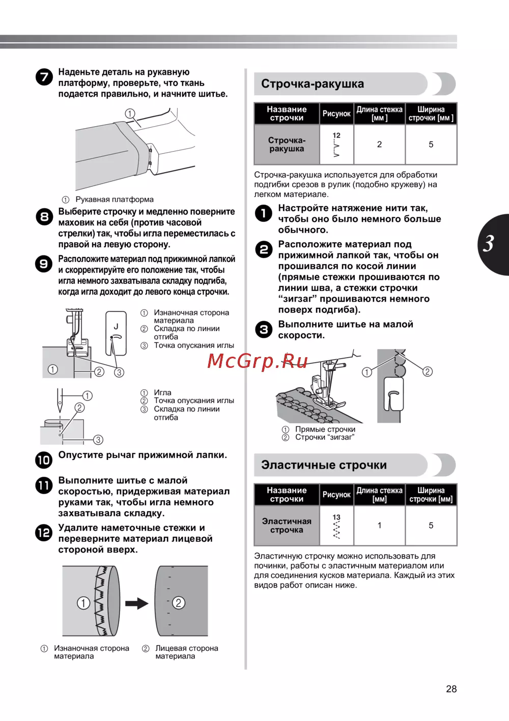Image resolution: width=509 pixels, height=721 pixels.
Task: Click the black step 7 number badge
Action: pyautogui.click(x=44, y=77)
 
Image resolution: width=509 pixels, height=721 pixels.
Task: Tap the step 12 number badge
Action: pyautogui.click(x=44, y=533)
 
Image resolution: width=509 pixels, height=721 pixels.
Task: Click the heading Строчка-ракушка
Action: pyautogui.click(x=313, y=84)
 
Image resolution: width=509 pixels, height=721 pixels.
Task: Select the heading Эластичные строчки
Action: pyautogui.click(x=324, y=465)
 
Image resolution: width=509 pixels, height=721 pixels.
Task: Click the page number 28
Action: pyautogui.click(x=451, y=689)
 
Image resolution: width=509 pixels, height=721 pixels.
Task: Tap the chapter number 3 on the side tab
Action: pyautogui.click(x=489, y=244)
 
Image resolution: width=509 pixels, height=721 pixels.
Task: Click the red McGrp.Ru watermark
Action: pyautogui.click(x=258, y=361)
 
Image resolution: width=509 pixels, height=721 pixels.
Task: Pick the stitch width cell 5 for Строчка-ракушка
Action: pyautogui.click(x=431, y=145)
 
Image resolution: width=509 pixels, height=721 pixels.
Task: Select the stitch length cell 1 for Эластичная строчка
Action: pyautogui.click(x=379, y=526)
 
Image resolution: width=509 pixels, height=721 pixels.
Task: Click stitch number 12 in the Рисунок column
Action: pyautogui.click(x=336, y=135)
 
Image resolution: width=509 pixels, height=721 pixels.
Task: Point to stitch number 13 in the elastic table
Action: pyautogui.click(x=336, y=517)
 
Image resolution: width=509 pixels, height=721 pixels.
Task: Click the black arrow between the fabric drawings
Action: pyautogui.click(x=136, y=603)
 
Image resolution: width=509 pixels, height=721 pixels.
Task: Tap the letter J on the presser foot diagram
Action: pyautogui.click(x=116, y=326)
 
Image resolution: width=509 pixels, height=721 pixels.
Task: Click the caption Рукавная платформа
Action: pyautogui.click(x=115, y=199)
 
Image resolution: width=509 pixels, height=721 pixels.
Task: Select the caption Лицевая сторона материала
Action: pyautogui.click(x=186, y=652)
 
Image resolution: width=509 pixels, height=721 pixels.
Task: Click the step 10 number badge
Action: pyautogui.click(x=44, y=460)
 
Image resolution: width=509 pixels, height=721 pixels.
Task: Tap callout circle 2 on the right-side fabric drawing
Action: pyautogui.click(x=178, y=603)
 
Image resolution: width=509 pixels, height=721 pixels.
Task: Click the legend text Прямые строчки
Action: pyautogui.click(x=325, y=429)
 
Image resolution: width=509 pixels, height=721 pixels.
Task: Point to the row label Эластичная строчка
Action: pyautogui.click(x=287, y=526)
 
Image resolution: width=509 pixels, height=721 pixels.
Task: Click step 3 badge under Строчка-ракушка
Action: pyautogui.click(x=264, y=330)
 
